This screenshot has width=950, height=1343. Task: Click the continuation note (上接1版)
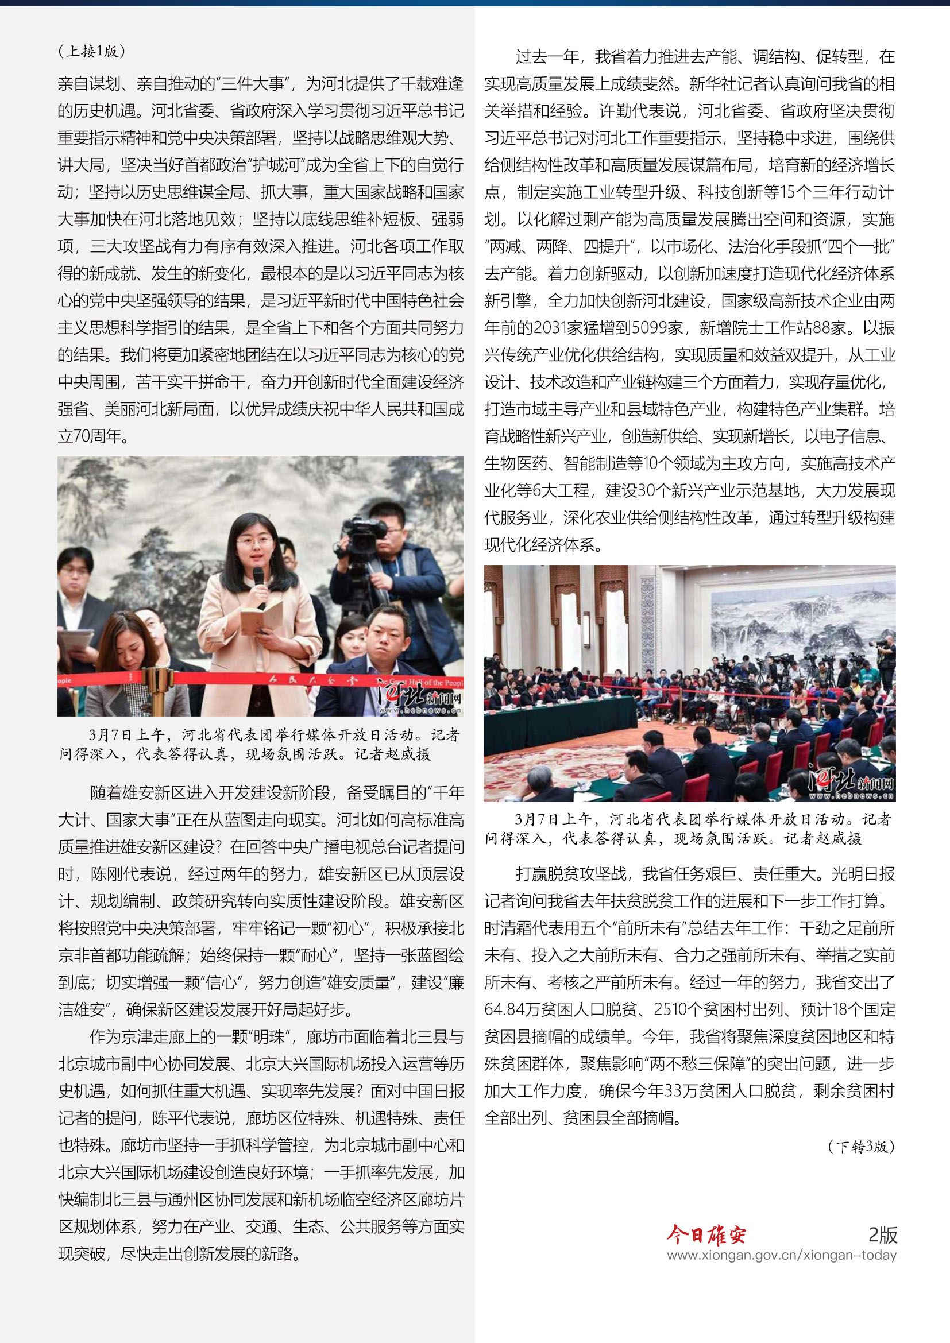click(92, 52)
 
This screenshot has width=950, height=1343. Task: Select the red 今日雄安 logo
click(706, 1235)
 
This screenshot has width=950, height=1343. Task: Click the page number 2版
click(882, 1234)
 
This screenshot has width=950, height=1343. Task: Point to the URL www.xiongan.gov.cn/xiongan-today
click(781, 1255)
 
